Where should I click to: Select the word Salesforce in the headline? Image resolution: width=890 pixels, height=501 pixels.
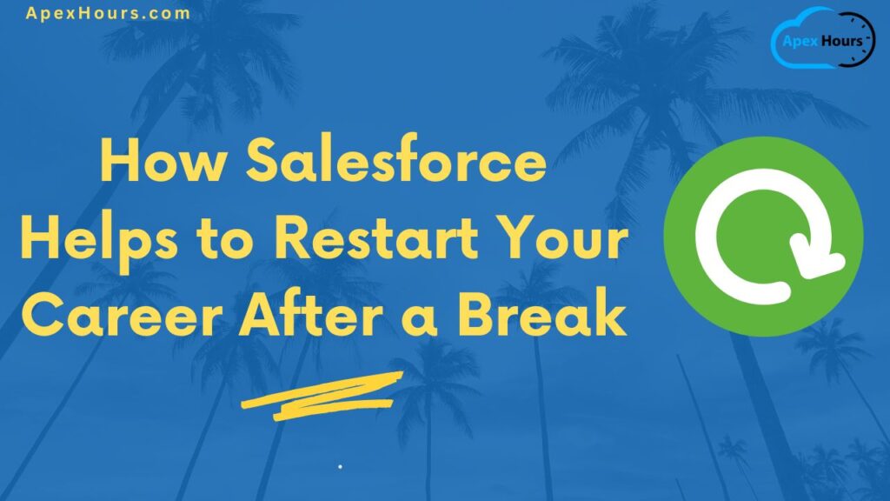396,163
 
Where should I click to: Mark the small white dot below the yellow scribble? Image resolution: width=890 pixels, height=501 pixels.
340,467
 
